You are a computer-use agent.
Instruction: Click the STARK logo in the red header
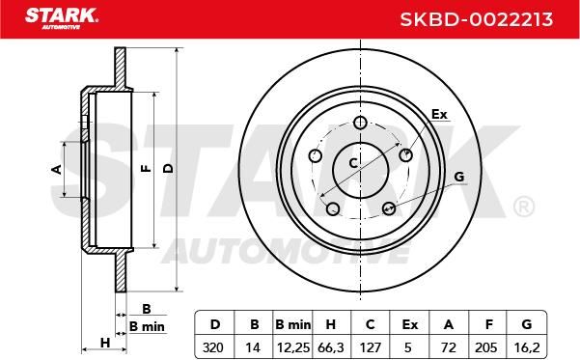[x=62, y=18]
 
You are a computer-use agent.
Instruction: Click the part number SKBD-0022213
[x=477, y=19]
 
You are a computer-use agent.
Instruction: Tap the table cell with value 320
[x=213, y=347]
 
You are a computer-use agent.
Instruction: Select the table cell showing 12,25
[x=293, y=347]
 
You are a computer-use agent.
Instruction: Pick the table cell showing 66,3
[x=331, y=347]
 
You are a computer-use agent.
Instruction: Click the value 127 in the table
[x=371, y=347]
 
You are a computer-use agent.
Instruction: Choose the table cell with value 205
[x=486, y=347]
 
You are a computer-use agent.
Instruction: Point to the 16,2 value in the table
[x=527, y=347]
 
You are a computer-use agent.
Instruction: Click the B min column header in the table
[x=293, y=324]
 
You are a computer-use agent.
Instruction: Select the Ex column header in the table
[x=410, y=324]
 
